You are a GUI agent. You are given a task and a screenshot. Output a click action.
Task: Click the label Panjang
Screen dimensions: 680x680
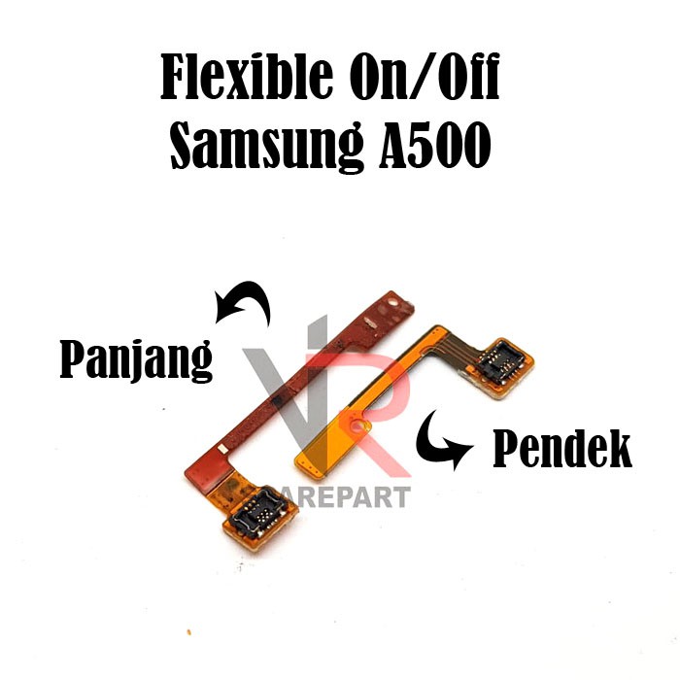click(x=136, y=361)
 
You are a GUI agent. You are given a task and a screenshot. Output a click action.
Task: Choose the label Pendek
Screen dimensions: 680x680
click(x=561, y=450)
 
